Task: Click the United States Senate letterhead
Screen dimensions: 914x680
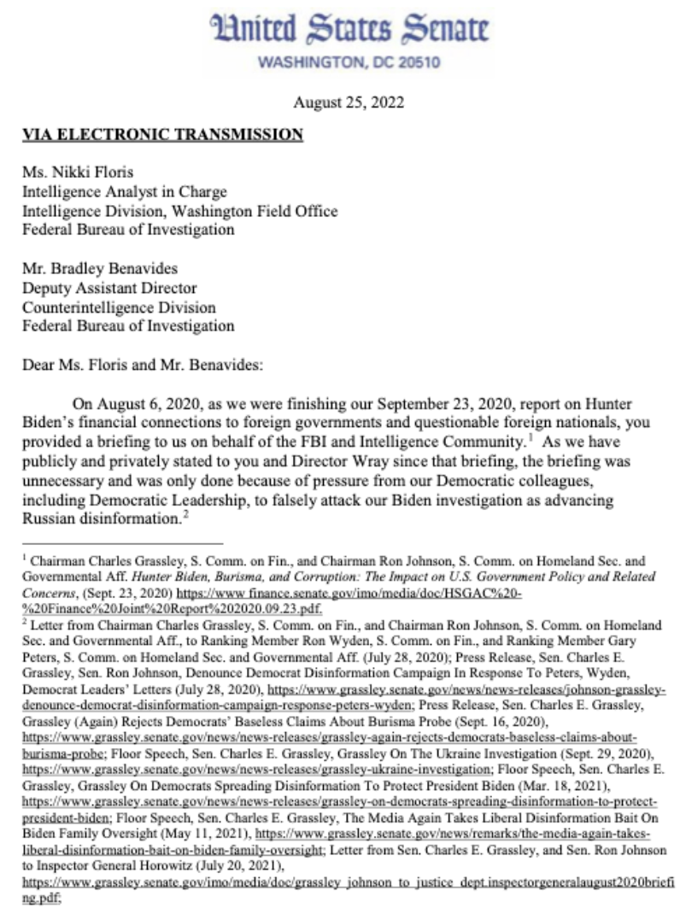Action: [x=350, y=30]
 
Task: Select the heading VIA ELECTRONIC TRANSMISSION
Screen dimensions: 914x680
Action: [x=162, y=134]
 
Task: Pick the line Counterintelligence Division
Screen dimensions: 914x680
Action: [x=119, y=307]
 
